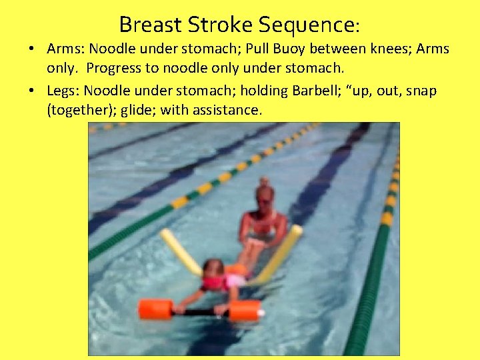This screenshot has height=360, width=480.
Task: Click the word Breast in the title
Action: [x=151, y=25]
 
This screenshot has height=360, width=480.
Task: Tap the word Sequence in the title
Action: [x=307, y=25]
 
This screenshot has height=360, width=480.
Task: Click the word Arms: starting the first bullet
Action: [x=66, y=49]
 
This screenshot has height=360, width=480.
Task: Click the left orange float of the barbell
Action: [x=155, y=309]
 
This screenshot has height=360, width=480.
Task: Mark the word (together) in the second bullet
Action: [x=77, y=110]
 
